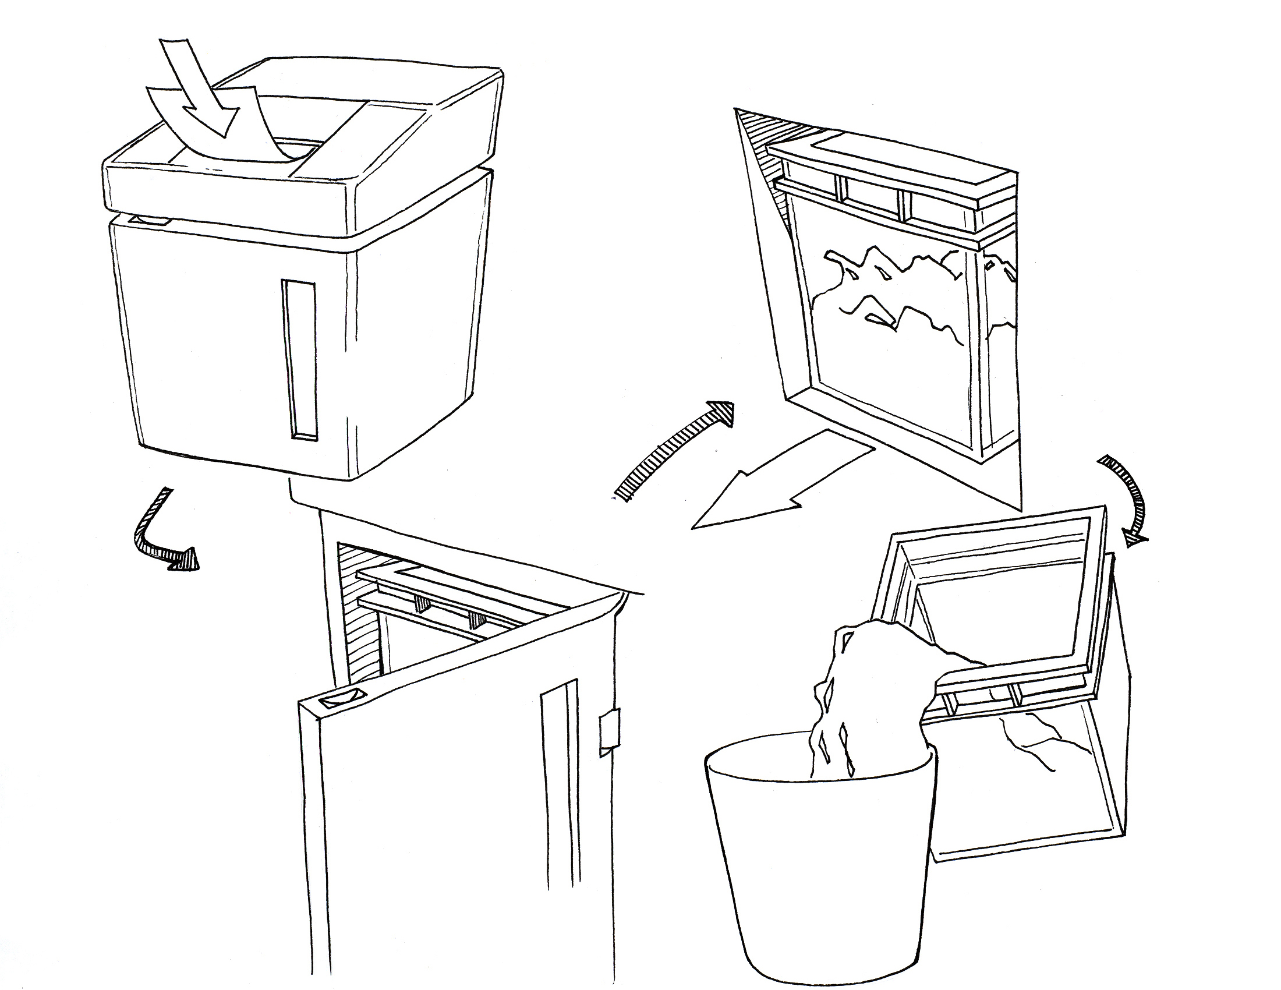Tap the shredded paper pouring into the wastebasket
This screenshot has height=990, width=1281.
(862, 704)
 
